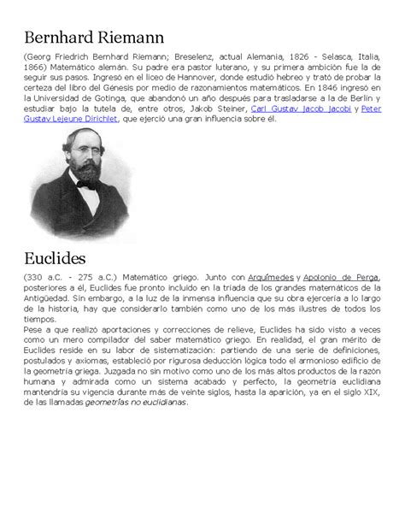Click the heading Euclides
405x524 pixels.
tap(58, 256)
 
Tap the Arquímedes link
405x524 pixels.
tap(271, 277)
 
